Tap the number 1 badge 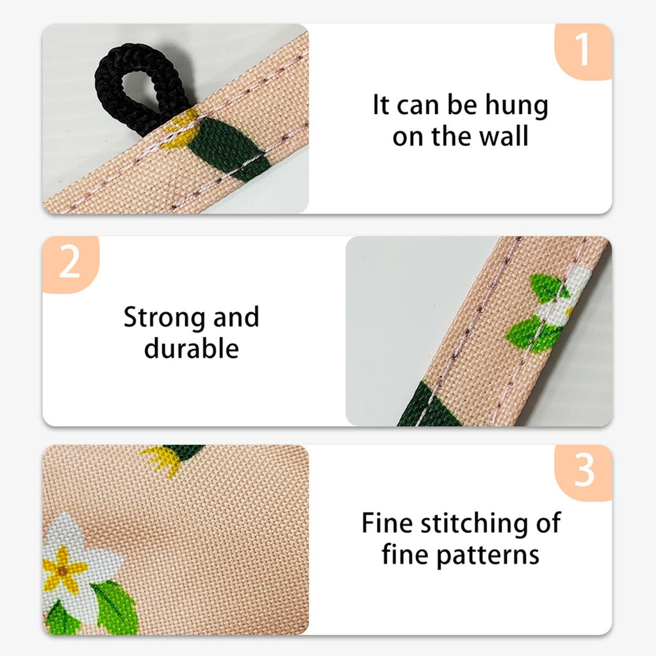(x=583, y=51)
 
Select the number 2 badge (x=70, y=265)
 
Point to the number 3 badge (x=583, y=473)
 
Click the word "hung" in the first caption (x=516, y=106)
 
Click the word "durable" (x=192, y=348)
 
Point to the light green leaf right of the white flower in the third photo (x=115, y=607)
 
